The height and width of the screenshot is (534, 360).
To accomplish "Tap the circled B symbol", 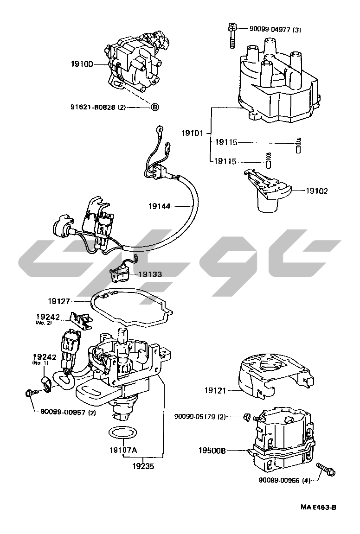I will (155, 107).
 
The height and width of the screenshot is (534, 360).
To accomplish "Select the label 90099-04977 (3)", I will (275, 30).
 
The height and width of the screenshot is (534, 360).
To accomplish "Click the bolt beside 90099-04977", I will (231, 35).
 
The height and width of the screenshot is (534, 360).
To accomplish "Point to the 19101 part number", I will (192, 133).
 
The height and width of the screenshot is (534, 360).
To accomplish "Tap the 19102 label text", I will (317, 190).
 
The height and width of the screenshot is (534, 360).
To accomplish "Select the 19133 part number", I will (149, 274).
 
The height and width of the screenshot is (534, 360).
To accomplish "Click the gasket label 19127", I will (60, 300).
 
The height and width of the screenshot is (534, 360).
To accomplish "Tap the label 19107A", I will (123, 450).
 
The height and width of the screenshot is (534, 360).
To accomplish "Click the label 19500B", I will (213, 450).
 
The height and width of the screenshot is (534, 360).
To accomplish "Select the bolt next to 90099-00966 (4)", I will (325, 468).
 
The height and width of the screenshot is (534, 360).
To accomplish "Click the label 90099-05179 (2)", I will (200, 417).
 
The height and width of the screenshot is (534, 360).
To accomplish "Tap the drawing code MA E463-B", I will (318, 507).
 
